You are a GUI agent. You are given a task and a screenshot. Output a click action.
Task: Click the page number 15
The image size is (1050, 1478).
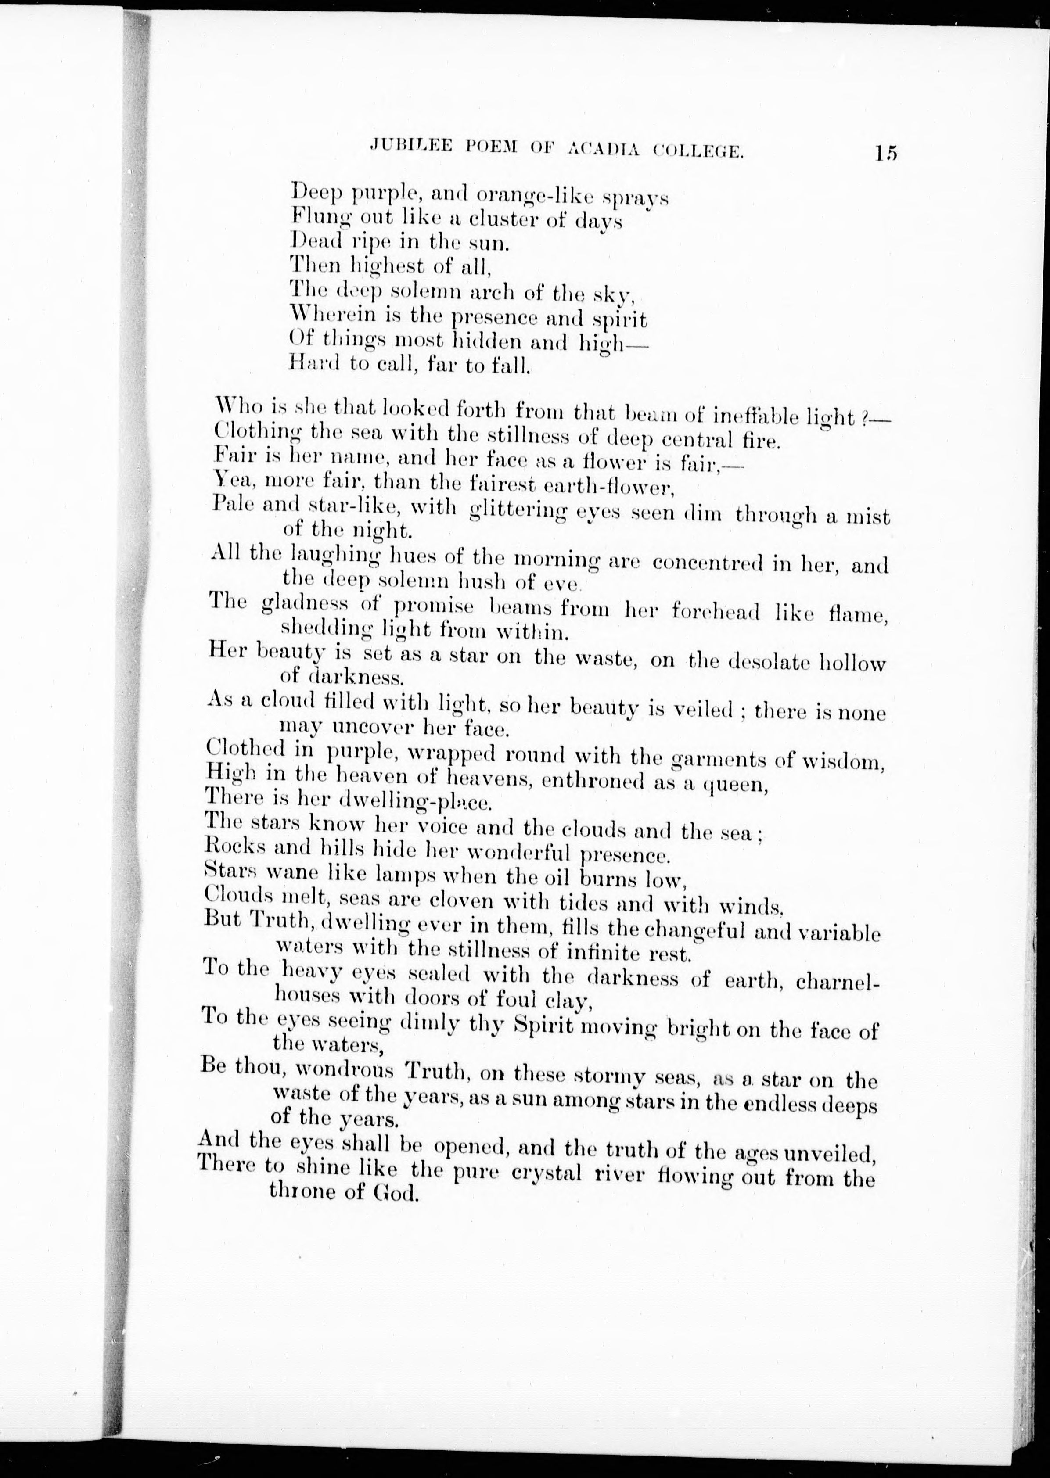click(885, 153)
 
